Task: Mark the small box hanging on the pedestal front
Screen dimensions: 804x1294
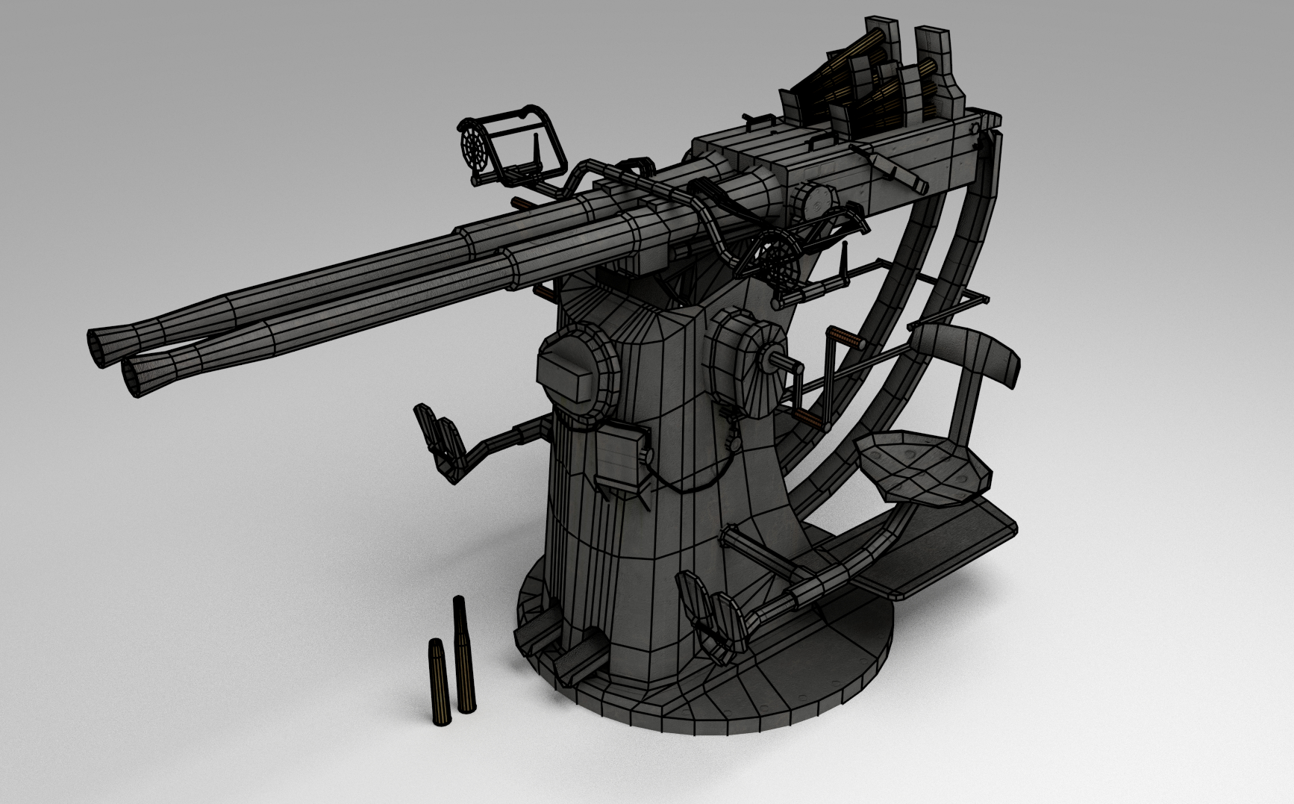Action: [x=619, y=456]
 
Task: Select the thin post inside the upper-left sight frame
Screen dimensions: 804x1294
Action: [x=536, y=152]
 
